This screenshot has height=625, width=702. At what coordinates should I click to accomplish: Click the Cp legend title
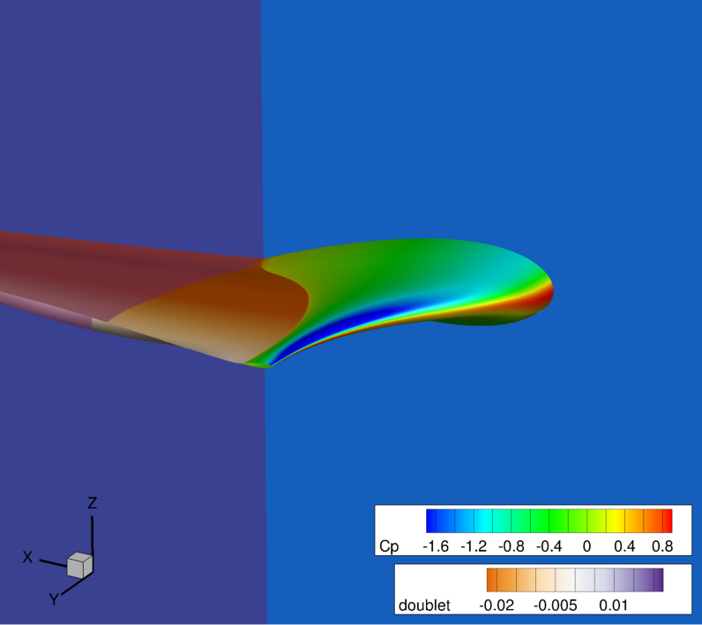pyautogui.click(x=389, y=546)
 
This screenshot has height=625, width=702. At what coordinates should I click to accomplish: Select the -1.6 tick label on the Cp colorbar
pyautogui.click(x=436, y=546)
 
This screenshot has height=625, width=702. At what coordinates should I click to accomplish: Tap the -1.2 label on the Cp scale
pyautogui.click(x=474, y=546)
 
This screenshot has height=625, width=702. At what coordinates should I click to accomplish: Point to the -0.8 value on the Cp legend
pyautogui.click(x=512, y=546)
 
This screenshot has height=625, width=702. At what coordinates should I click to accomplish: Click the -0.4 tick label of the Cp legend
pyautogui.click(x=549, y=546)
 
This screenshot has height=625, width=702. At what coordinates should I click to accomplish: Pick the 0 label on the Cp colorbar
pyautogui.click(x=587, y=546)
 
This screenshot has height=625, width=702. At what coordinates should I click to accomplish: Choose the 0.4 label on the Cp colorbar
pyautogui.click(x=624, y=546)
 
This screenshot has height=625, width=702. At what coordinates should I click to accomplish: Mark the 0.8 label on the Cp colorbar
pyautogui.click(x=662, y=546)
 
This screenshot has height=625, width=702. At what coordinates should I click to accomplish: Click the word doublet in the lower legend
pyautogui.click(x=424, y=606)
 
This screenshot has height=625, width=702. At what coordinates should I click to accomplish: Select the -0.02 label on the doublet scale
pyautogui.click(x=497, y=606)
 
